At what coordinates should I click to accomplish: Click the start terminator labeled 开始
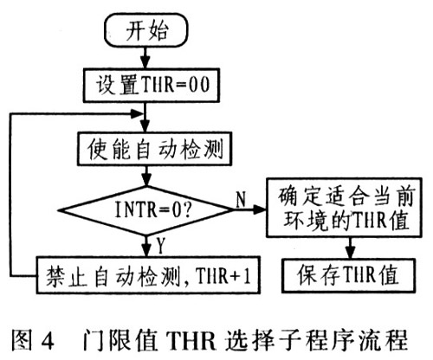[146, 30]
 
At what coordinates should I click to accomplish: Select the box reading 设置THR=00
[152, 86]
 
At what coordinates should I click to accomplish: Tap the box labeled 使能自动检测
[154, 149]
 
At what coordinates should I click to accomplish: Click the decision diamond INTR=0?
[146, 210]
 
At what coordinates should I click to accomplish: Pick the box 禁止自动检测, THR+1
[148, 275]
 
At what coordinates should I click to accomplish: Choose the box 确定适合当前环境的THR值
[344, 208]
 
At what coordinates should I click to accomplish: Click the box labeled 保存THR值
[349, 275]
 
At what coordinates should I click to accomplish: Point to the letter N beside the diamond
[241, 199]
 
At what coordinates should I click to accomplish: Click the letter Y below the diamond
[161, 246]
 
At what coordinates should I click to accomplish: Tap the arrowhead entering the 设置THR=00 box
[145, 62]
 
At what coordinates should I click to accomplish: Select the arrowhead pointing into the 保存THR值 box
[350, 253]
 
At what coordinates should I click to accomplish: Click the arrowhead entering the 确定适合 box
[260, 209]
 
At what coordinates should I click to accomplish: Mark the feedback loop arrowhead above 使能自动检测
[136, 114]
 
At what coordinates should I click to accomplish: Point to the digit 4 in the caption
[47, 341]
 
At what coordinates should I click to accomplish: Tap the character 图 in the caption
[22, 340]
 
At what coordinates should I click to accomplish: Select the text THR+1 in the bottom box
[223, 276]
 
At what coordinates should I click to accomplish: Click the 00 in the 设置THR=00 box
[199, 85]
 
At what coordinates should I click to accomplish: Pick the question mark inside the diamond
[187, 209]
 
